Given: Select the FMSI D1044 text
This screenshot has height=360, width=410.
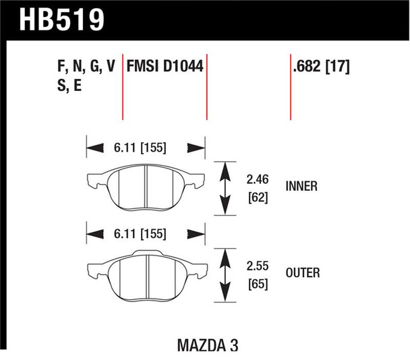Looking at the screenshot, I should [x=165, y=67].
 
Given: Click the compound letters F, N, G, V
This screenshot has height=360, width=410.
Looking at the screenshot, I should [x=84, y=67].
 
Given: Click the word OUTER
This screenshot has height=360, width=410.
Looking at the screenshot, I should [x=303, y=273].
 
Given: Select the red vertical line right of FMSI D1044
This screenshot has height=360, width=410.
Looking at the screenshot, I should [x=206, y=84].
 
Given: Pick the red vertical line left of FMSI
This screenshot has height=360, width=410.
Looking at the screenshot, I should [x=122, y=84].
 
